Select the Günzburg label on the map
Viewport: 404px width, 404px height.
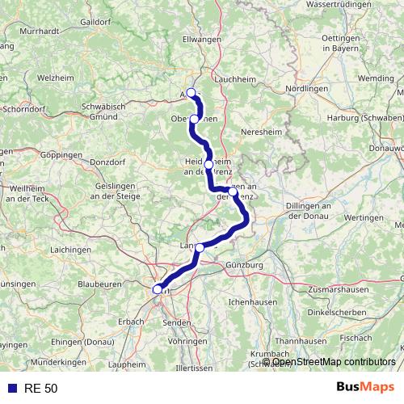[x=247, y=264]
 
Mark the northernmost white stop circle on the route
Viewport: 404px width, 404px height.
[x=191, y=92]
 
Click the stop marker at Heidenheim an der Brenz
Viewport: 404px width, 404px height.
[x=209, y=165]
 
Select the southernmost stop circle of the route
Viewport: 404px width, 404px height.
[x=158, y=288]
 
